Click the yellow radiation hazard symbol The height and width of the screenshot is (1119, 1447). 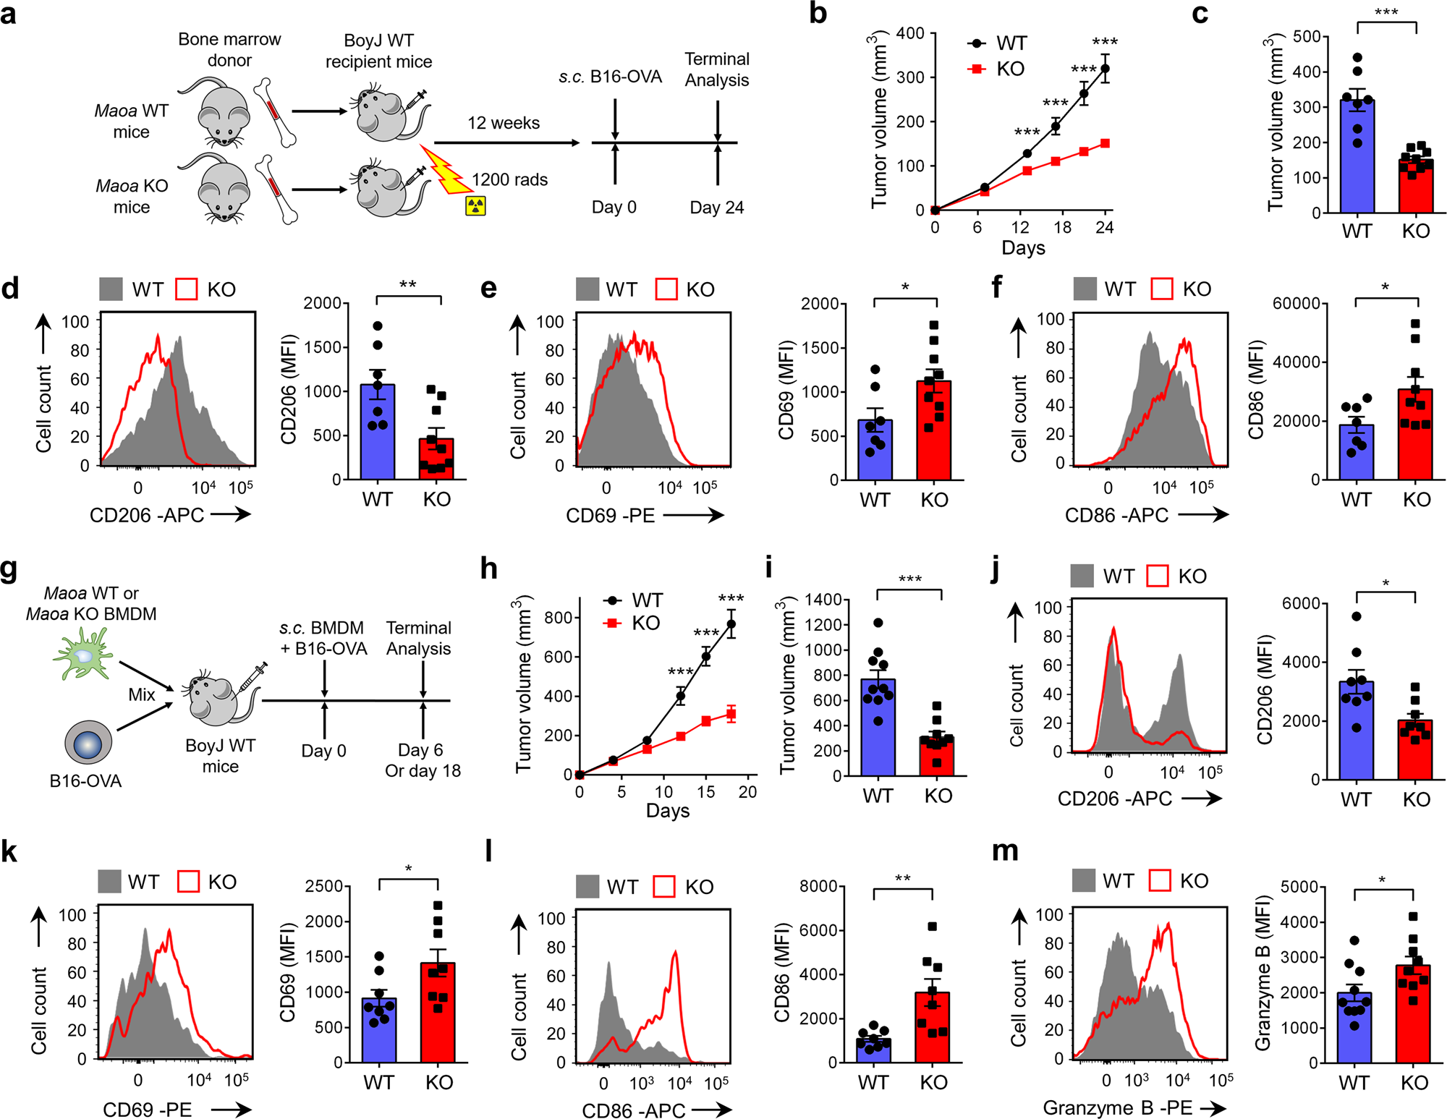[x=475, y=206]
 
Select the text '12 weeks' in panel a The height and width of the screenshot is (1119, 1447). [x=504, y=123]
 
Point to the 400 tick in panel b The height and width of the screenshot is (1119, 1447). [x=910, y=33]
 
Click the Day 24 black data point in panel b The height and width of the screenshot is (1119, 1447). [x=1105, y=69]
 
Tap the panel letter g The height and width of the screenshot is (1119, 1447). [x=9, y=569]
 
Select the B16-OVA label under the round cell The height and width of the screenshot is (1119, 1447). [x=85, y=781]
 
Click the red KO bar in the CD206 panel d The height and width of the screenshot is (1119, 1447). [x=437, y=460]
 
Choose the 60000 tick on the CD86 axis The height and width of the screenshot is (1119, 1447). [x=1296, y=303]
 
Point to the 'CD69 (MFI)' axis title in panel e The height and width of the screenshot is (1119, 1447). [x=786, y=391]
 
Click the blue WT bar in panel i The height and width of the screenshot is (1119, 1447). [x=878, y=727]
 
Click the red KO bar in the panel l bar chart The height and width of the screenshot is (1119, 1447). [x=933, y=1027]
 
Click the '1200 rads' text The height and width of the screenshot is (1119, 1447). [x=509, y=179]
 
